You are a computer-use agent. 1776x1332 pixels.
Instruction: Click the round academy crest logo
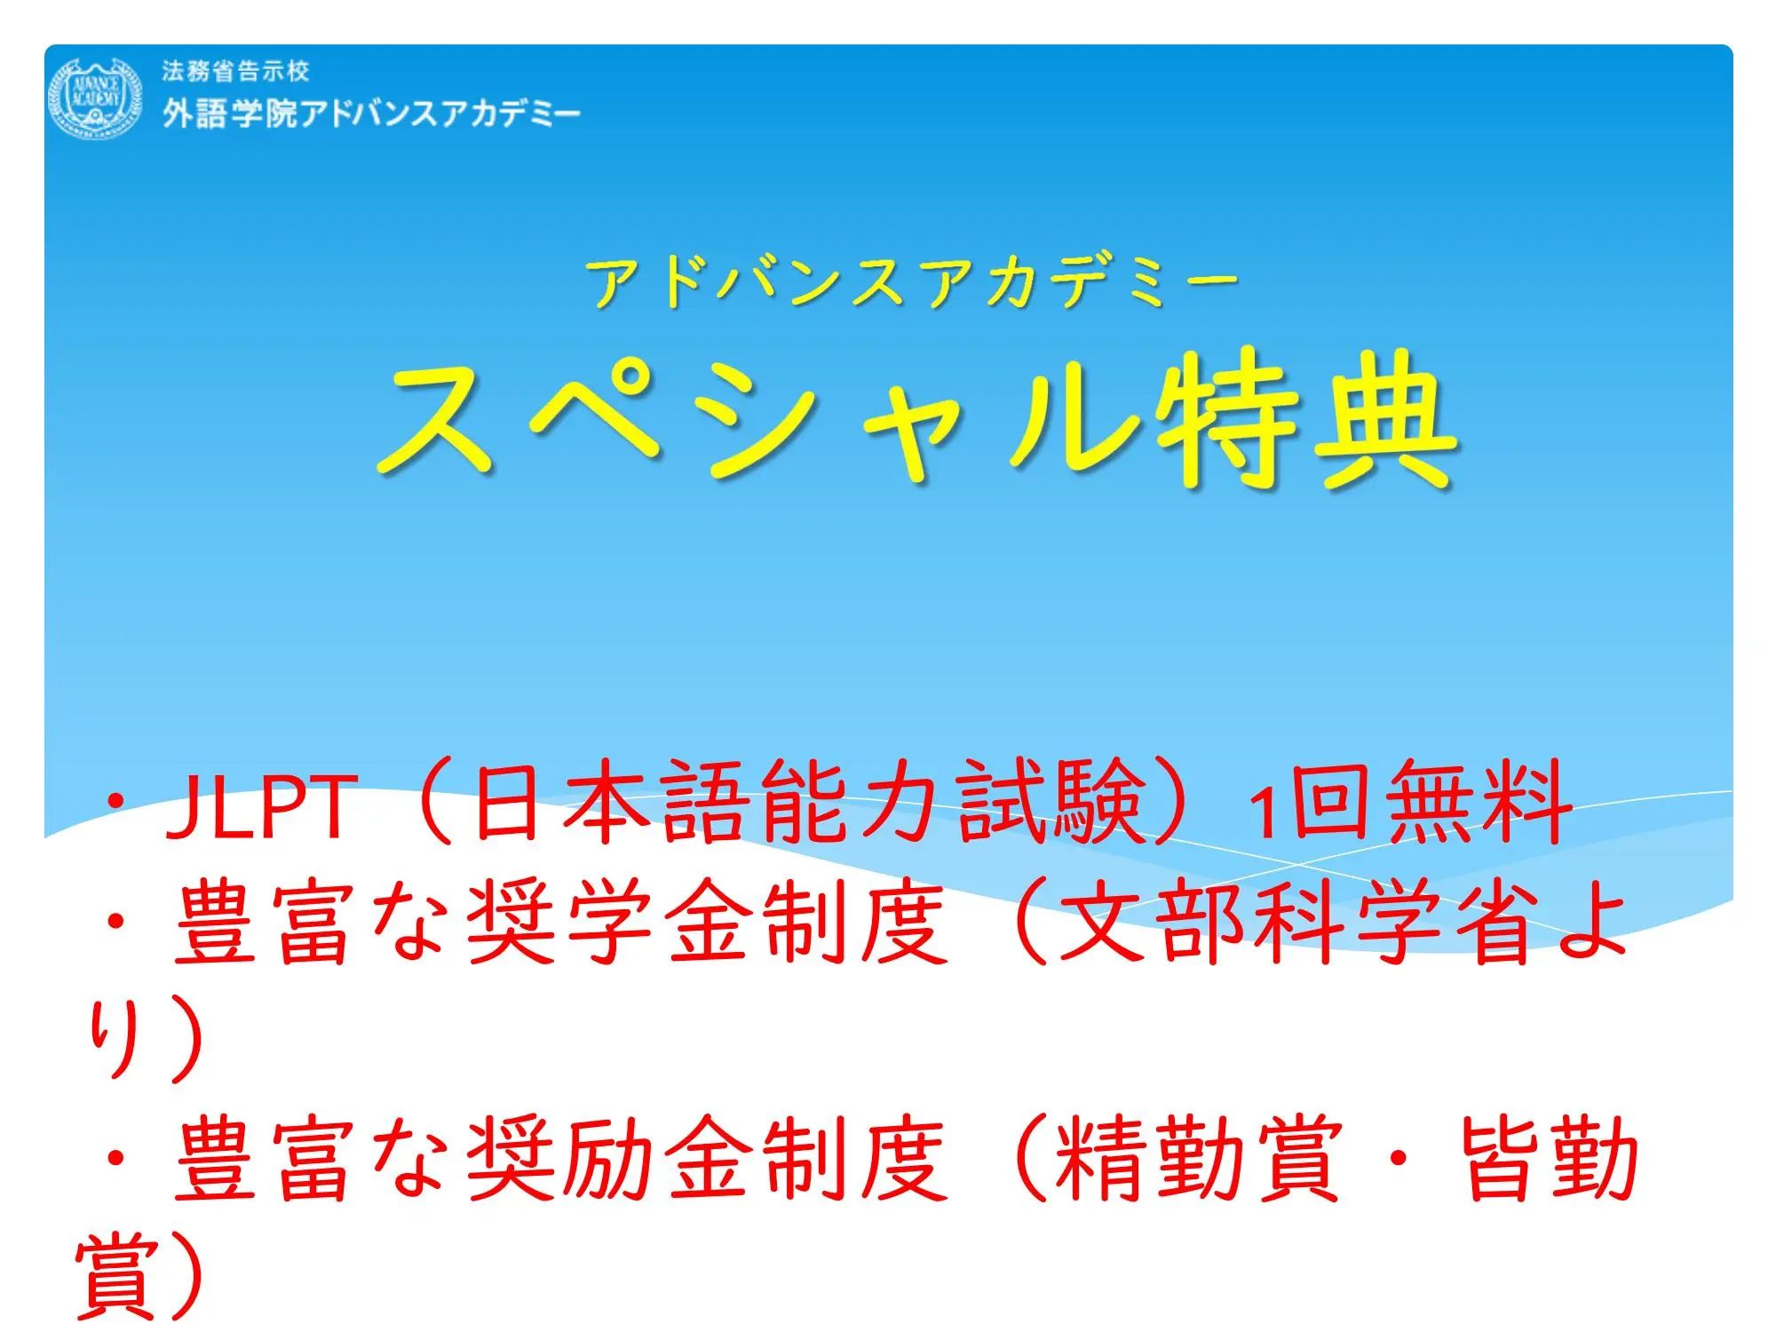(x=94, y=97)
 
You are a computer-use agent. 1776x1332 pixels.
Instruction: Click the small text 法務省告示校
(x=235, y=71)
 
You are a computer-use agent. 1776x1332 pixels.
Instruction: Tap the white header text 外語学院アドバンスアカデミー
(x=371, y=114)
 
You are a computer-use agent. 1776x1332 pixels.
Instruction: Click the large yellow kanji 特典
(x=1305, y=419)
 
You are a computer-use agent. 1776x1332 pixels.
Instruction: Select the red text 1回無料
(x=1409, y=803)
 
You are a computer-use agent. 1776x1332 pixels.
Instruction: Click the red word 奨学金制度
(x=707, y=924)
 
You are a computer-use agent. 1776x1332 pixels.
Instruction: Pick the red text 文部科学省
(x=1301, y=924)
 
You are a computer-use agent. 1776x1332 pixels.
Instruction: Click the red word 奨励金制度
(x=707, y=1159)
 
